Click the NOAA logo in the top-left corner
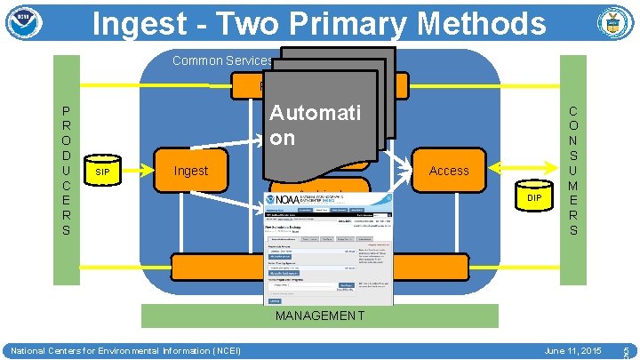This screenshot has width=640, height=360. point(24,23)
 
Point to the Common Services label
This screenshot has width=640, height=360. point(222,60)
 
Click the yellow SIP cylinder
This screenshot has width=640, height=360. point(103,171)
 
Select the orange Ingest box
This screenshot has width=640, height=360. point(191,171)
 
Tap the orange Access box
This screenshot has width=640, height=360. point(448,171)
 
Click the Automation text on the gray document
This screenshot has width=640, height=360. point(303,125)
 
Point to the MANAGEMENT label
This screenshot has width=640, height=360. point(320,316)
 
